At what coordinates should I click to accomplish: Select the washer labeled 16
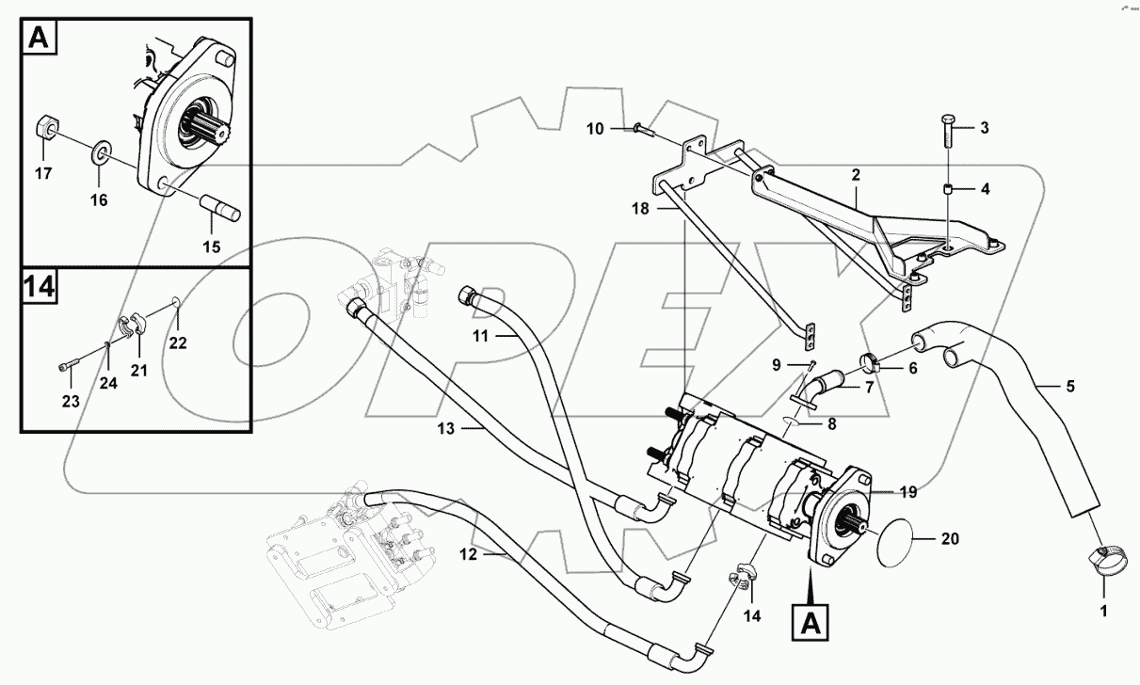tap(100, 152)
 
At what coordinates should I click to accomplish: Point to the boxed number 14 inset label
tap(38, 287)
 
